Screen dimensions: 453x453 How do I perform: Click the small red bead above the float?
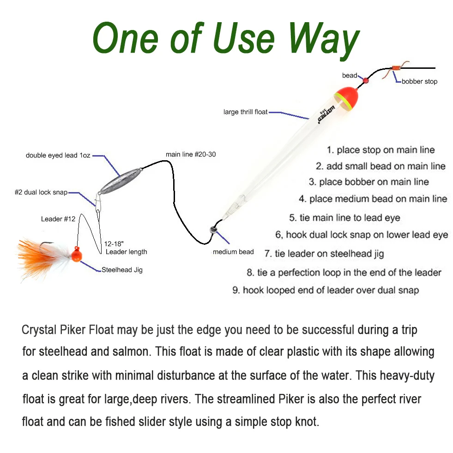click(x=365, y=80)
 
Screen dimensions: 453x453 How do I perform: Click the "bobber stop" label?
click(x=419, y=81)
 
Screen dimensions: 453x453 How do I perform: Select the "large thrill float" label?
click(x=246, y=112)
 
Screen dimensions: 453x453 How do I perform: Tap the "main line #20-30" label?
click(x=191, y=154)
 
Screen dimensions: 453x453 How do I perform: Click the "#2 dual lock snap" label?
click(x=41, y=193)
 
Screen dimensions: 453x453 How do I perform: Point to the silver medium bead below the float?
click(x=213, y=230)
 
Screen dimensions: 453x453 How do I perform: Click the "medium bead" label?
click(x=233, y=252)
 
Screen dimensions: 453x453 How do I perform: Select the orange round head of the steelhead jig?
click(x=76, y=255)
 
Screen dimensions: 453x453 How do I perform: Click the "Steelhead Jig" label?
click(x=122, y=270)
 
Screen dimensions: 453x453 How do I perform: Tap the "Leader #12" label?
click(x=58, y=219)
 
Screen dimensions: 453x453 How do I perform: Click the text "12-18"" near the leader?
click(x=114, y=244)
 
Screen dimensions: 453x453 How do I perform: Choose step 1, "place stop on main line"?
click(x=381, y=150)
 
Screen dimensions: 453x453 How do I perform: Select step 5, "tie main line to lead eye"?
click(x=344, y=217)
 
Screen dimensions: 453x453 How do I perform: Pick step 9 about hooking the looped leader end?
click(x=326, y=290)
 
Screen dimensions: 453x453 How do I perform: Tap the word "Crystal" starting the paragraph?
click(x=39, y=330)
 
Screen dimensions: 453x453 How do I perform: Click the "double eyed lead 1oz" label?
click(x=58, y=156)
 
